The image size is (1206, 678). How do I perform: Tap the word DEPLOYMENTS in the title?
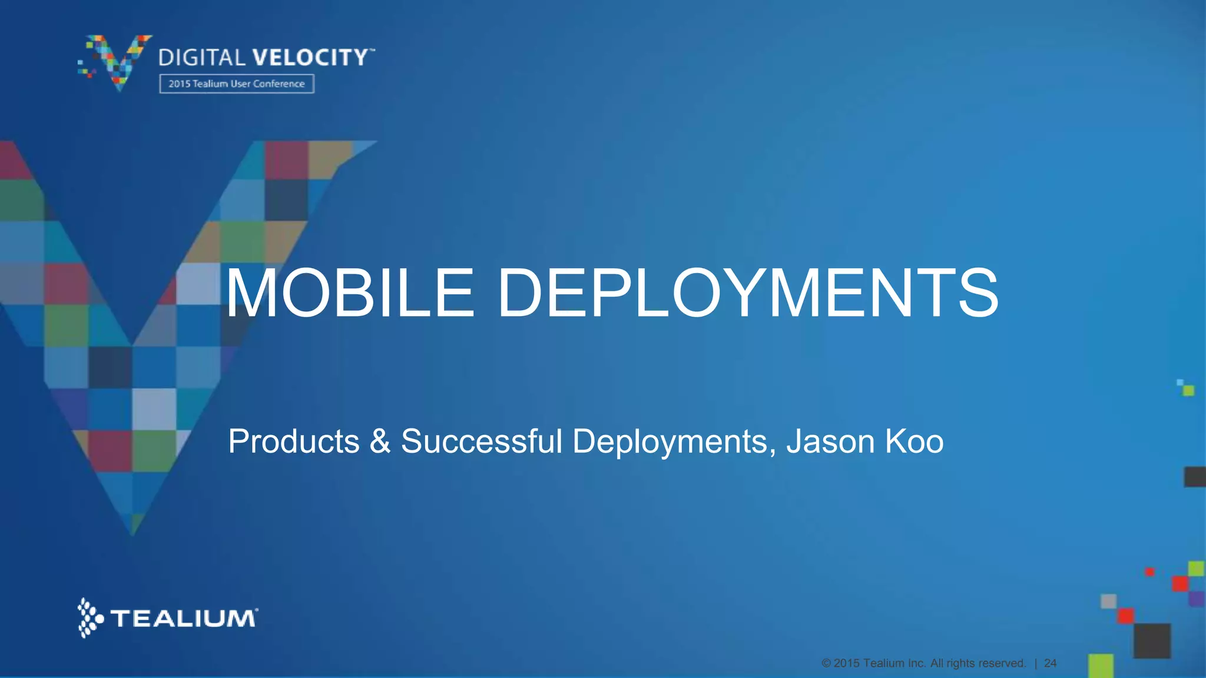[x=748, y=293]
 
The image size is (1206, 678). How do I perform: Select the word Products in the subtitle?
[x=293, y=441]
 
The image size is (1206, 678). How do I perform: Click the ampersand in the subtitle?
[x=380, y=441]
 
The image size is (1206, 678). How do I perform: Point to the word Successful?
[x=482, y=441]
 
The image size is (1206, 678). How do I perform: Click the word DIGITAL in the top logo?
[x=201, y=58]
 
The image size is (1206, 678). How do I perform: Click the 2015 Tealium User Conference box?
[x=236, y=84]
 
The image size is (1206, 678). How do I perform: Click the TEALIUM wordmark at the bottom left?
[x=184, y=619]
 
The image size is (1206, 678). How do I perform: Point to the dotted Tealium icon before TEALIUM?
[x=90, y=618]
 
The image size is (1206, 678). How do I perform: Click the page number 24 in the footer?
[x=1050, y=663]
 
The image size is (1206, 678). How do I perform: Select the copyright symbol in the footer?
[x=826, y=663]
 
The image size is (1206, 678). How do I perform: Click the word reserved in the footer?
[x=1001, y=663]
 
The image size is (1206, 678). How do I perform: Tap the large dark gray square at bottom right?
[x=1152, y=640]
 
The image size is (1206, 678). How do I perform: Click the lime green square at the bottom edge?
[x=1101, y=666]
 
